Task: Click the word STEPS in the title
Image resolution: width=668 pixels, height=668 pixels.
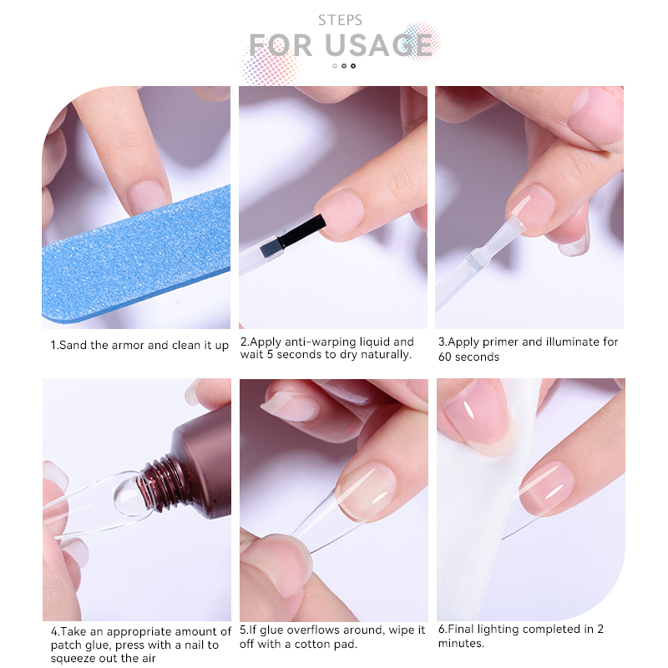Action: [x=340, y=20]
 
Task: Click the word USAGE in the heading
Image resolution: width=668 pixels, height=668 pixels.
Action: [x=379, y=45]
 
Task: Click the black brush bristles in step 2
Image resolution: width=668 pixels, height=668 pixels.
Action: [x=302, y=232]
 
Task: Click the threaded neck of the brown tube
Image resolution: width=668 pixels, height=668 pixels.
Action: [x=163, y=484]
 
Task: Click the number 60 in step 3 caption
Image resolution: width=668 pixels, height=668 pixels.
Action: [x=445, y=357]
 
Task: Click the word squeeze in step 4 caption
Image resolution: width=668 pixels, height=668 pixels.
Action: [x=71, y=659]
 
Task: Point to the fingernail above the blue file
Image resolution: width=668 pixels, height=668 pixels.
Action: [x=147, y=197]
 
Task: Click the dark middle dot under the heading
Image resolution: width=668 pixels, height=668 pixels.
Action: [x=344, y=66]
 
